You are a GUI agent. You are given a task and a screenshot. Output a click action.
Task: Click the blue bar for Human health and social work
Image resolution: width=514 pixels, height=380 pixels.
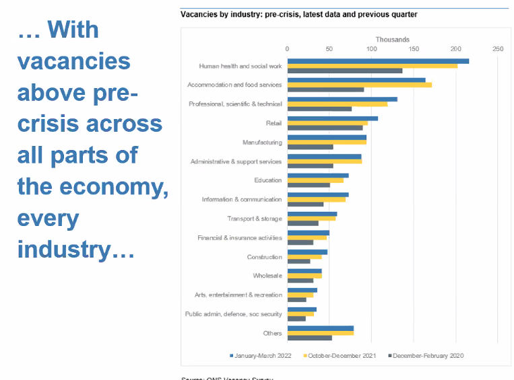(377, 61)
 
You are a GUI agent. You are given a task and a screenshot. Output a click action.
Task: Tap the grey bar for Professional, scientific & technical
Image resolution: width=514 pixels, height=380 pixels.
(319, 109)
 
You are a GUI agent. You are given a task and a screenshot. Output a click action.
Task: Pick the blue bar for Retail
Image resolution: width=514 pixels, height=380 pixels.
(332, 118)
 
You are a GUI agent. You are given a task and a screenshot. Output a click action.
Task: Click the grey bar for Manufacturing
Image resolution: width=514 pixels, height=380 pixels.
(310, 147)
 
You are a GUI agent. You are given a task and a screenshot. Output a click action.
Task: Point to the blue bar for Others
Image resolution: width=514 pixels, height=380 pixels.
(320, 328)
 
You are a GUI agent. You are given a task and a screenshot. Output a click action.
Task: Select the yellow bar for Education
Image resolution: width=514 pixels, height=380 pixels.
(315, 180)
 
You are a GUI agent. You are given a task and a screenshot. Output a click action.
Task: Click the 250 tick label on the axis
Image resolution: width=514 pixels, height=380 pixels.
(498, 49)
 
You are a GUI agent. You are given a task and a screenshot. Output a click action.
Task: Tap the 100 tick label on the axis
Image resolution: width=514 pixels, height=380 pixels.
(371, 49)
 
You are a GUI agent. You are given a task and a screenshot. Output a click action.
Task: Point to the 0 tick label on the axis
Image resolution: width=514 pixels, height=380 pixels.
(288, 49)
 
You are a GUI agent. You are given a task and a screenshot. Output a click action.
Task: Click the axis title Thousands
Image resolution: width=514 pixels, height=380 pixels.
(392, 40)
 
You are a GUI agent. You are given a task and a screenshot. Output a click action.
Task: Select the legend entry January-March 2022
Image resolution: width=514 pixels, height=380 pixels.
(263, 355)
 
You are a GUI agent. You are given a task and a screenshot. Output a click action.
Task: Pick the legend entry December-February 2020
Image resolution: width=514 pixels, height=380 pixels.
(427, 355)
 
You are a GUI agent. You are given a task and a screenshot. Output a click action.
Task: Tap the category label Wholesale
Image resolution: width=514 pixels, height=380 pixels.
(267, 276)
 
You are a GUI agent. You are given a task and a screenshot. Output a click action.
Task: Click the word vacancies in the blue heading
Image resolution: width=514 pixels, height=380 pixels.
(73, 61)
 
